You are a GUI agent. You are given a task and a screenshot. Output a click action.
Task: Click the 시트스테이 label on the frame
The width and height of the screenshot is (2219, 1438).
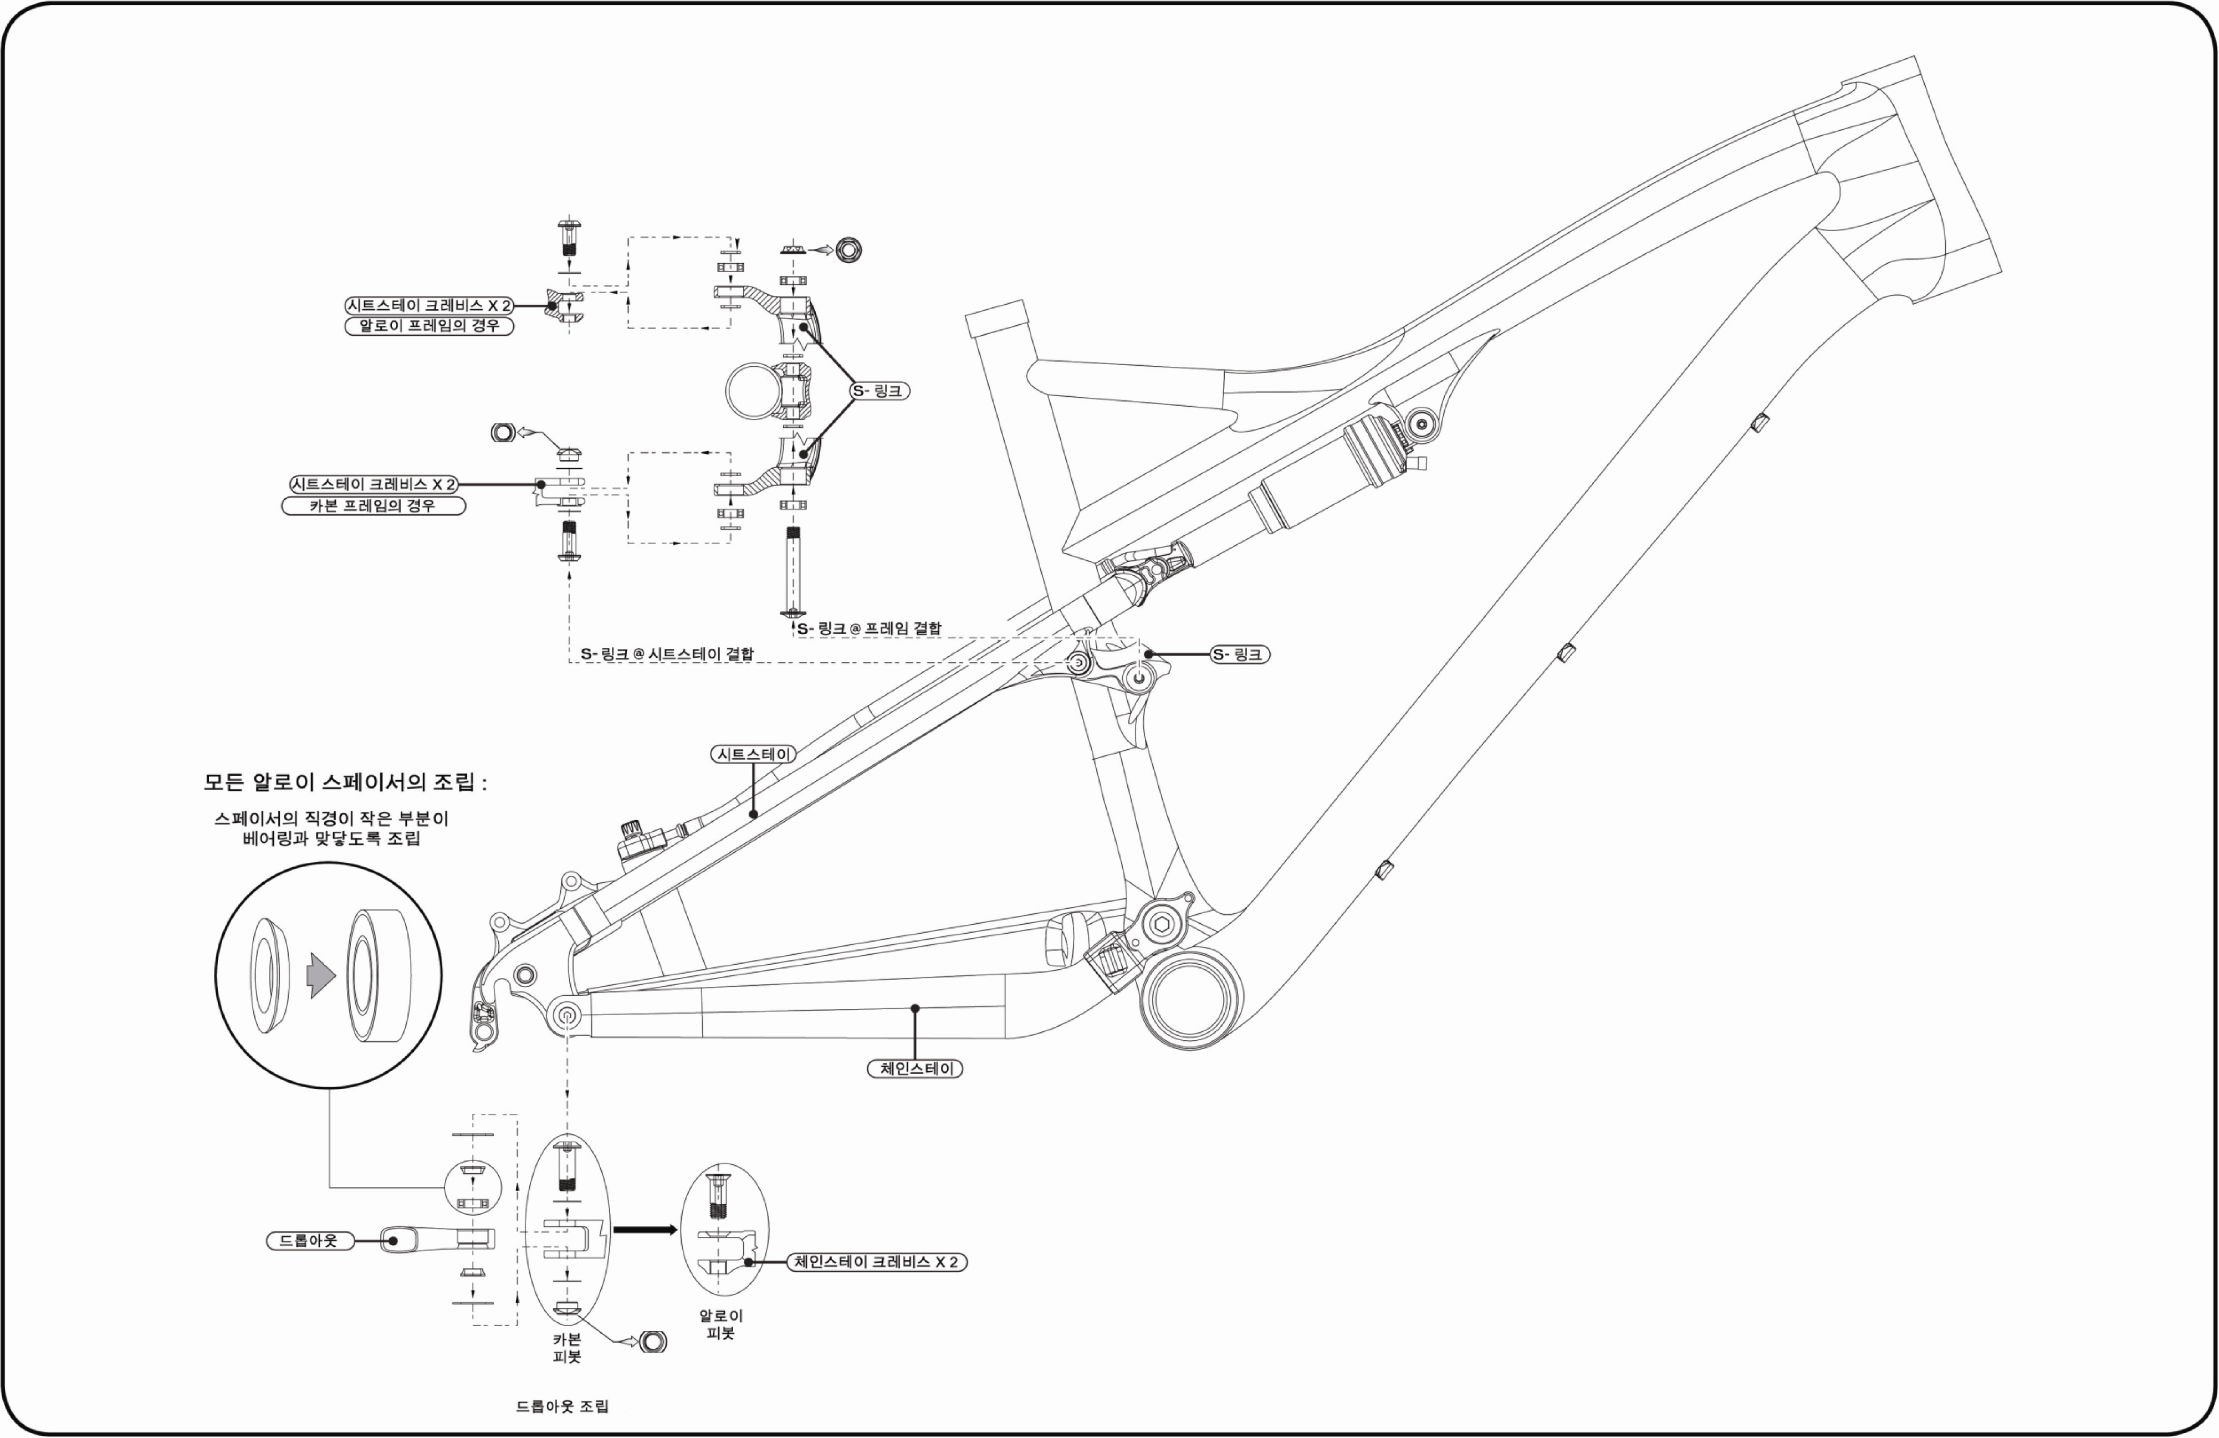tap(753, 754)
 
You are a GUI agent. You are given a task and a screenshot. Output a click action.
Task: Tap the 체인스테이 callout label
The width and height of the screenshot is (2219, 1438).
tap(914, 1069)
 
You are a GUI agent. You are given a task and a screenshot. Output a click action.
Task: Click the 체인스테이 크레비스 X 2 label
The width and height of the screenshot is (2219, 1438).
tap(876, 1262)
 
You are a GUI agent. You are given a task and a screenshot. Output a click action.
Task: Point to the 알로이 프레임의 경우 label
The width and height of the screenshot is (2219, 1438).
tap(429, 325)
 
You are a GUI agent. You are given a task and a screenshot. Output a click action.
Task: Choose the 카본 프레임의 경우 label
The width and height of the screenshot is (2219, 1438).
tap(373, 505)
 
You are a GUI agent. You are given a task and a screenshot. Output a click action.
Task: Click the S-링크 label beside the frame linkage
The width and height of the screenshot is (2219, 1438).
tap(1239, 654)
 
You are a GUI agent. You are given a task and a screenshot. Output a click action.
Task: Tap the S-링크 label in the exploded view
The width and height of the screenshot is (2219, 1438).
tap(879, 391)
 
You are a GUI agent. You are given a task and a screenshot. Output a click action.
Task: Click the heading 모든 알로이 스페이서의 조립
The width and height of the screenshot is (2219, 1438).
tap(345, 781)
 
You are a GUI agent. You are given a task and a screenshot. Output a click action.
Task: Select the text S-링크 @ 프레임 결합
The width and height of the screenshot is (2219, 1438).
tap(869, 628)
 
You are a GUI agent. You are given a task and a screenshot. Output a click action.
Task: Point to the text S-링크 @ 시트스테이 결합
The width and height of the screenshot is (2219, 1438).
tap(667, 654)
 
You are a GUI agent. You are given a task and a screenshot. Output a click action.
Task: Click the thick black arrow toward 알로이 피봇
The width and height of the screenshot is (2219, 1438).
tap(645, 1230)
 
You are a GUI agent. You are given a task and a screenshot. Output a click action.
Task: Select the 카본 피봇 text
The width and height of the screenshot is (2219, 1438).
tap(567, 1348)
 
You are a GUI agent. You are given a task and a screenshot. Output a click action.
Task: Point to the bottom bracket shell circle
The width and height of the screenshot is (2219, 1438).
tap(1190, 999)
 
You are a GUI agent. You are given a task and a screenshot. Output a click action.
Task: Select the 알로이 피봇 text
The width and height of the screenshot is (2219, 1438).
tap(720, 1324)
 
